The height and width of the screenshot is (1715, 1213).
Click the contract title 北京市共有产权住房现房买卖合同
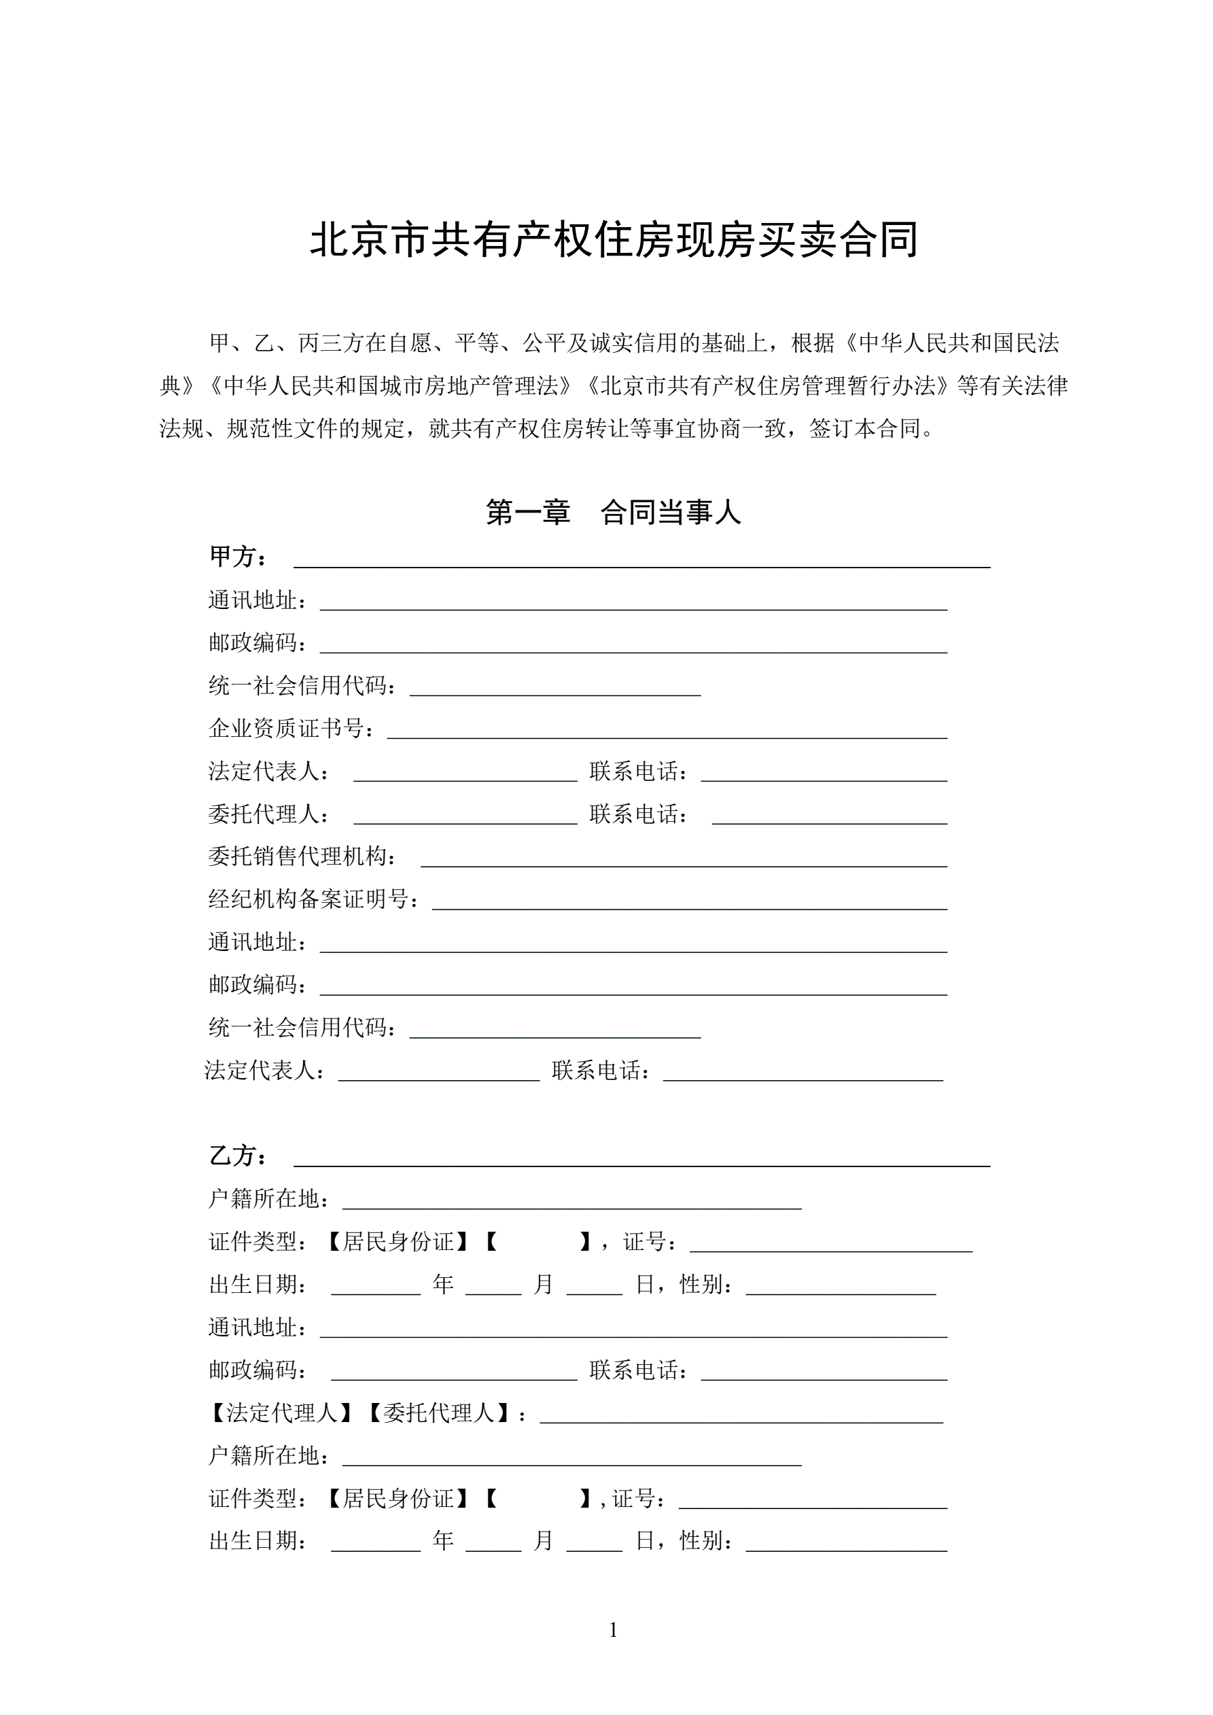tap(613, 241)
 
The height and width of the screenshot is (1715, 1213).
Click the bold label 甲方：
tap(239, 557)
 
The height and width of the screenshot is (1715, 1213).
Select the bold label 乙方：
tap(239, 1156)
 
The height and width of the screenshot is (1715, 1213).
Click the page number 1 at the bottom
tap(613, 1630)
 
